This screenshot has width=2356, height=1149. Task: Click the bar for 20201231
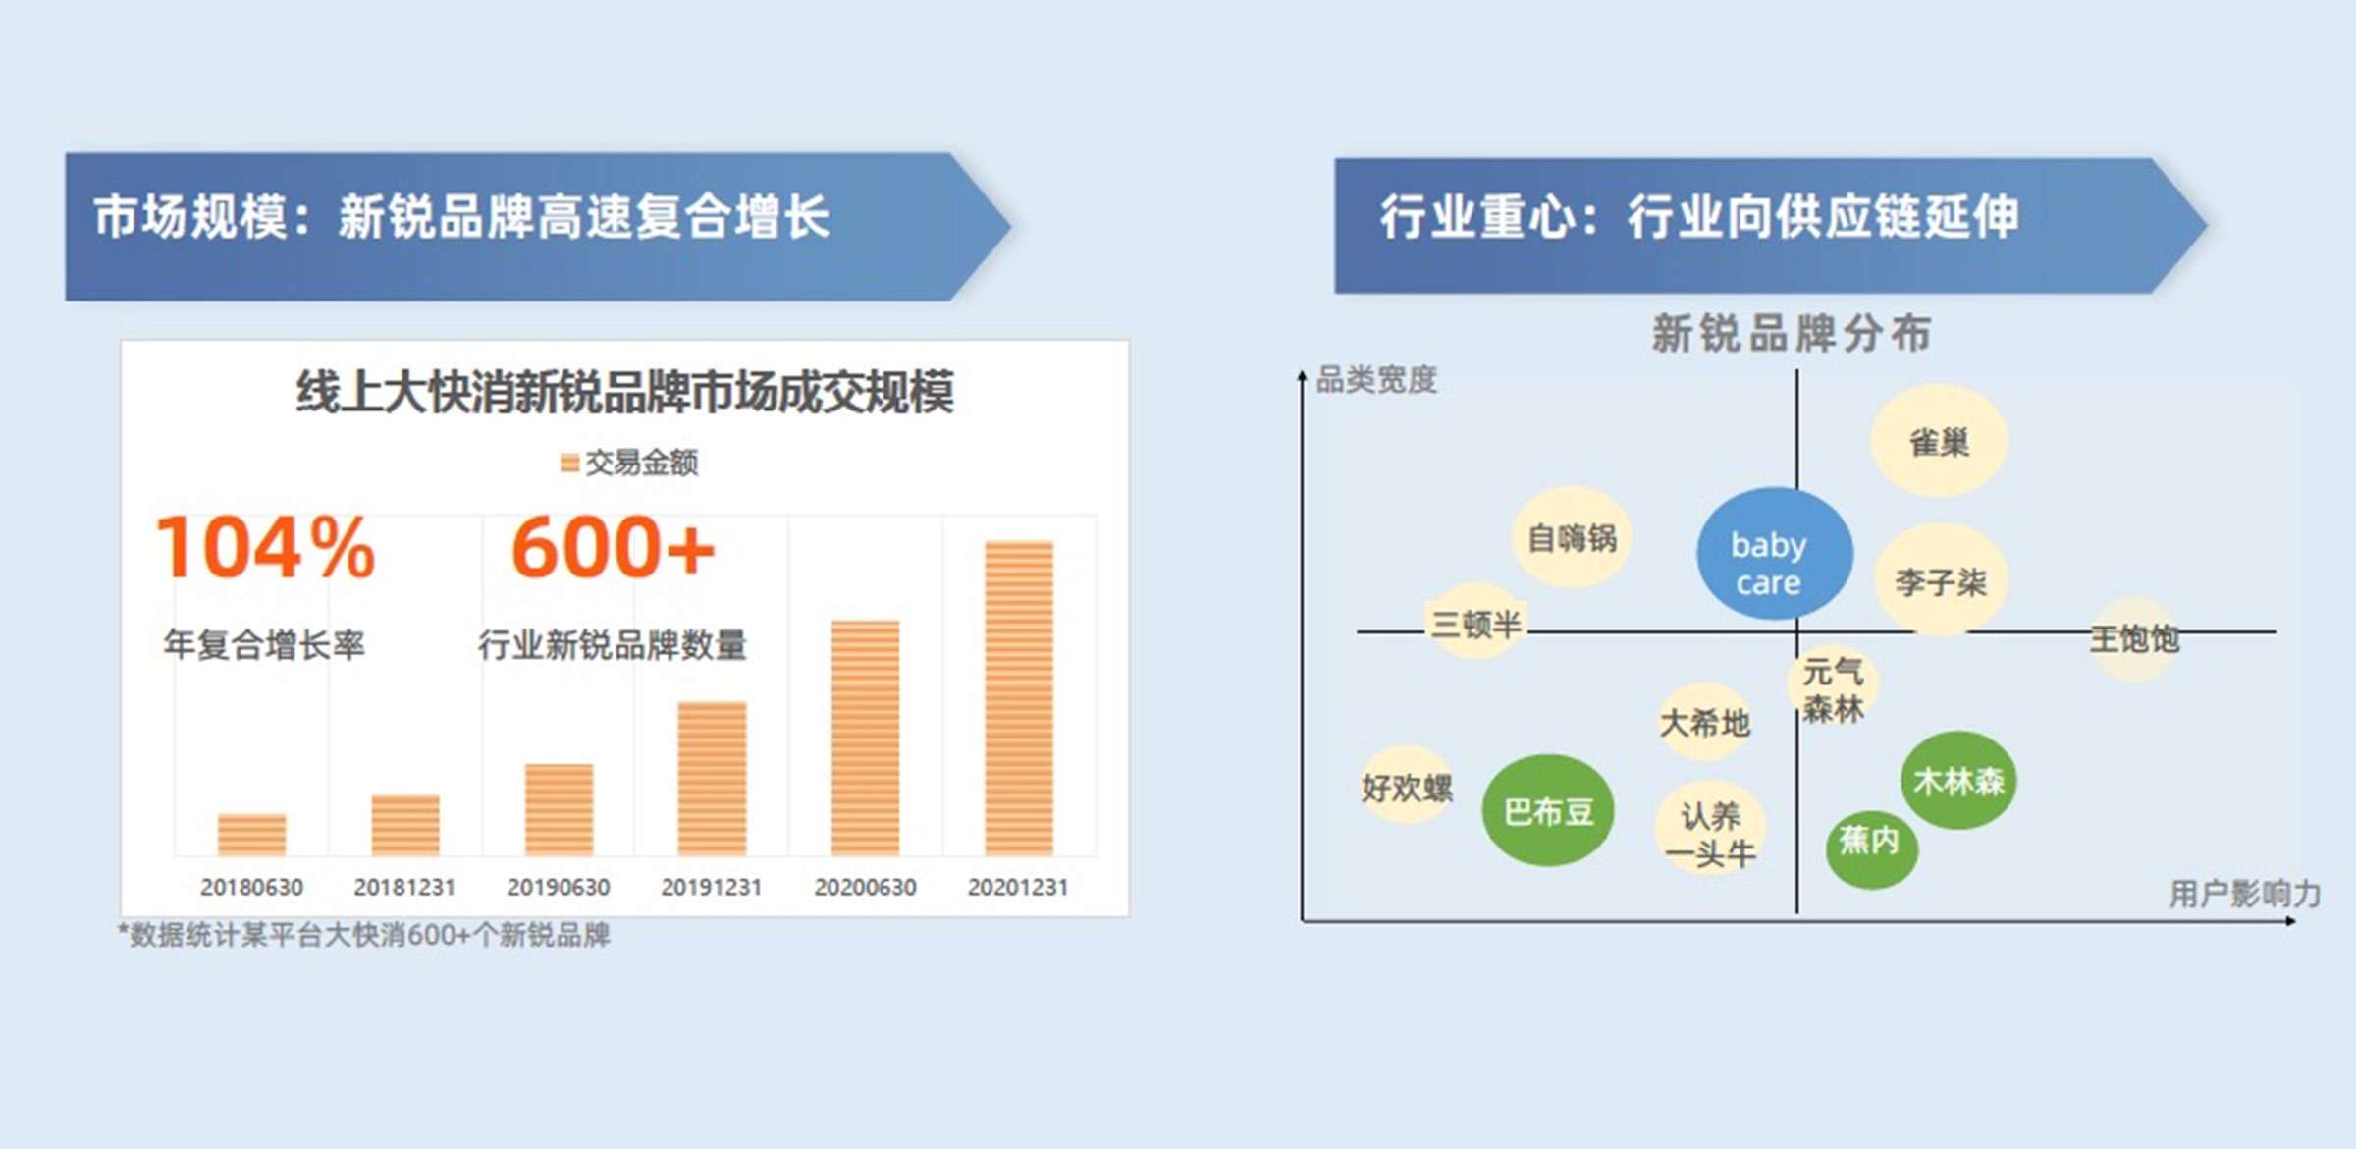1019,698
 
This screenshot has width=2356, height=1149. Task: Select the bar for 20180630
251,835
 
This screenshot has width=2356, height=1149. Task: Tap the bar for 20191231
712,779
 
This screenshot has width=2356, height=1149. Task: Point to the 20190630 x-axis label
559,887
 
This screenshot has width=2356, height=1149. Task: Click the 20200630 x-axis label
865,887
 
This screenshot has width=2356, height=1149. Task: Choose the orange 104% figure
265,547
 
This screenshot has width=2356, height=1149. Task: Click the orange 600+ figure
613,547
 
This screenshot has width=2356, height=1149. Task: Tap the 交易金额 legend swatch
569,462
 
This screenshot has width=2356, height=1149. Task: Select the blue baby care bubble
1775,554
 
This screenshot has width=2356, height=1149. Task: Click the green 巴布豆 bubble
1548,810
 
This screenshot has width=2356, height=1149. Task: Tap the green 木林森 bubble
1958,781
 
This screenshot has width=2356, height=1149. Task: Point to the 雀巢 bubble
1939,441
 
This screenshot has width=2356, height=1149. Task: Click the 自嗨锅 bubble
1572,537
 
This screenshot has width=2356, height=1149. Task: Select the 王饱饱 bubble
2134,639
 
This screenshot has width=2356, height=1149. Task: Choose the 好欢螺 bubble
1407,786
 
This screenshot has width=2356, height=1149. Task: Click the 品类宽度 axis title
1376,379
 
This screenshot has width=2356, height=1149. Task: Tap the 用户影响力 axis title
2244,894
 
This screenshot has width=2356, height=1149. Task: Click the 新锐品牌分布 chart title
1792,333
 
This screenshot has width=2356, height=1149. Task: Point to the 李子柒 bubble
1941,580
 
